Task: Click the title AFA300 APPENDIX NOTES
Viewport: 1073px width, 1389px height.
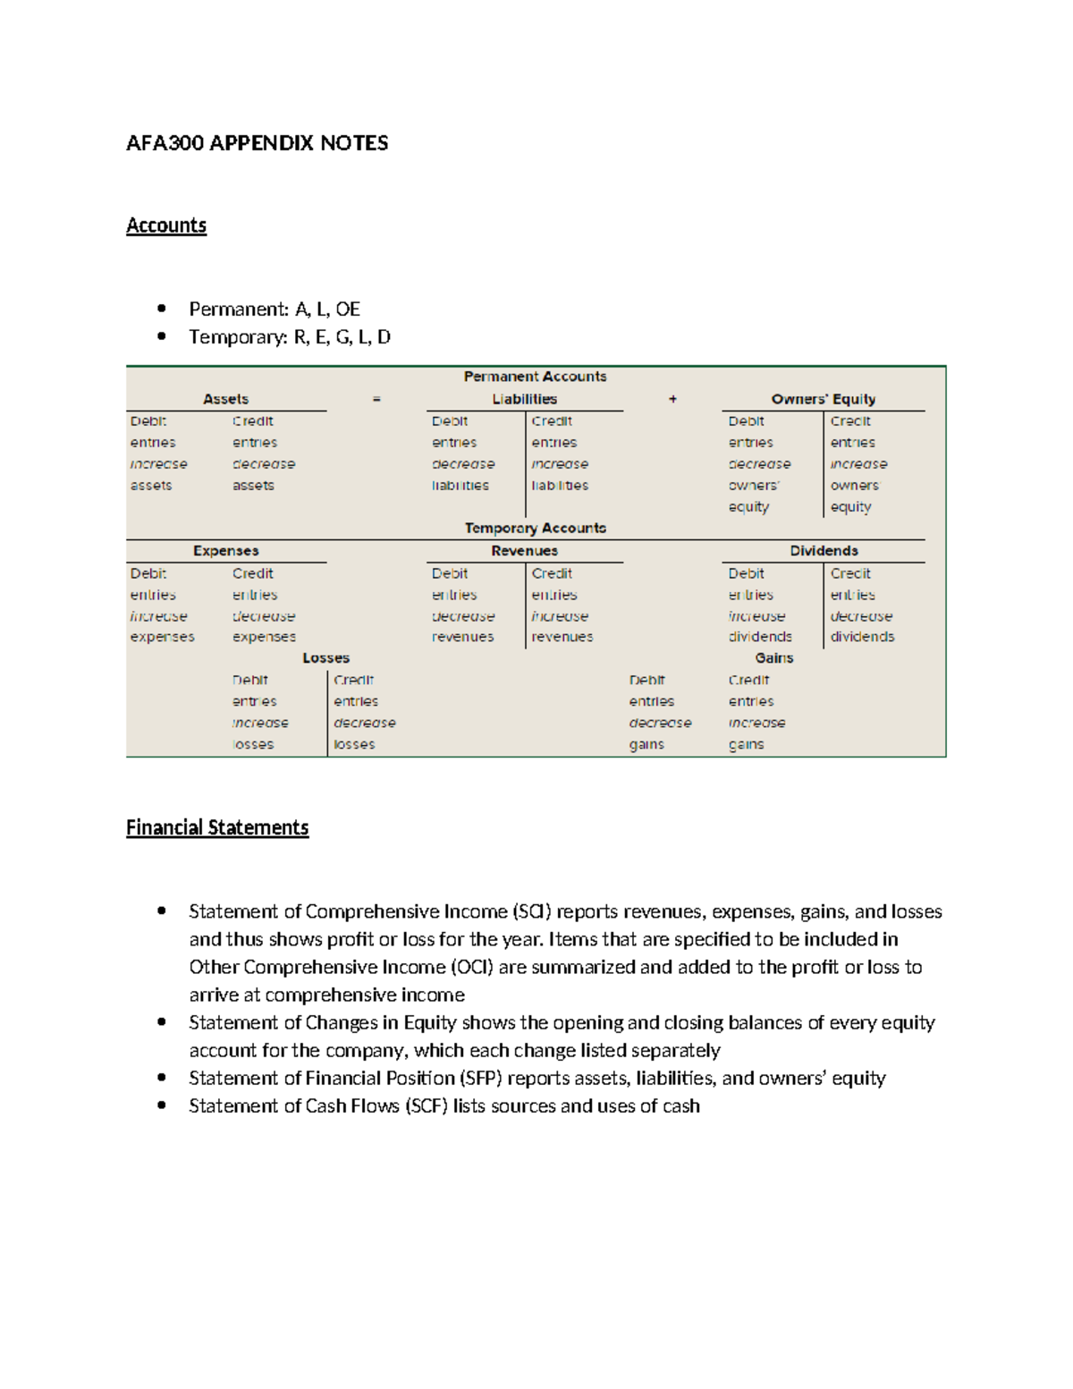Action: [x=257, y=143]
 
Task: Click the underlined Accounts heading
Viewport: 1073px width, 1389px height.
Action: [x=166, y=225]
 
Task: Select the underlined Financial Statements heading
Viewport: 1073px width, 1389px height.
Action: [x=217, y=827]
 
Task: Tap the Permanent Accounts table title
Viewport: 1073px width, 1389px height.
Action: [x=535, y=377]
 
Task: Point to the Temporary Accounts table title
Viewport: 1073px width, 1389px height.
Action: [x=535, y=528]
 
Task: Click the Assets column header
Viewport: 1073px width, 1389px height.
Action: [x=225, y=399]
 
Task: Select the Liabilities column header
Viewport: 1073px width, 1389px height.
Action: [x=524, y=399]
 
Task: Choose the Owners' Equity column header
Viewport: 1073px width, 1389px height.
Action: [x=823, y=399]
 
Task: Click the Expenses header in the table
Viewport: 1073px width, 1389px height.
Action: [x=225, y=551]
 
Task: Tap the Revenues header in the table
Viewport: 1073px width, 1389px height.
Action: [x=524, y=551]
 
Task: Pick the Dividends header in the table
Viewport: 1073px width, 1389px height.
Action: [x=824, y=551]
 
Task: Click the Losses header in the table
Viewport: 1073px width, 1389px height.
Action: [x=325, y=658]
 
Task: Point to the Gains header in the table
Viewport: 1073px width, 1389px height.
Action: [x=773, y=658]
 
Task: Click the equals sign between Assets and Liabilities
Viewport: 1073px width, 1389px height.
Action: [x=376, y=399]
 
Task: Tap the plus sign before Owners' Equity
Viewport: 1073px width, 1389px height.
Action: [x=672, y=399]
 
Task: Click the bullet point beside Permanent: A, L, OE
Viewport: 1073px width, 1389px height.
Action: [x=162, y=309]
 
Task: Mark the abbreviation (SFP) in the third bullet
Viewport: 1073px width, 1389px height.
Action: [x=479, y=1079]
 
